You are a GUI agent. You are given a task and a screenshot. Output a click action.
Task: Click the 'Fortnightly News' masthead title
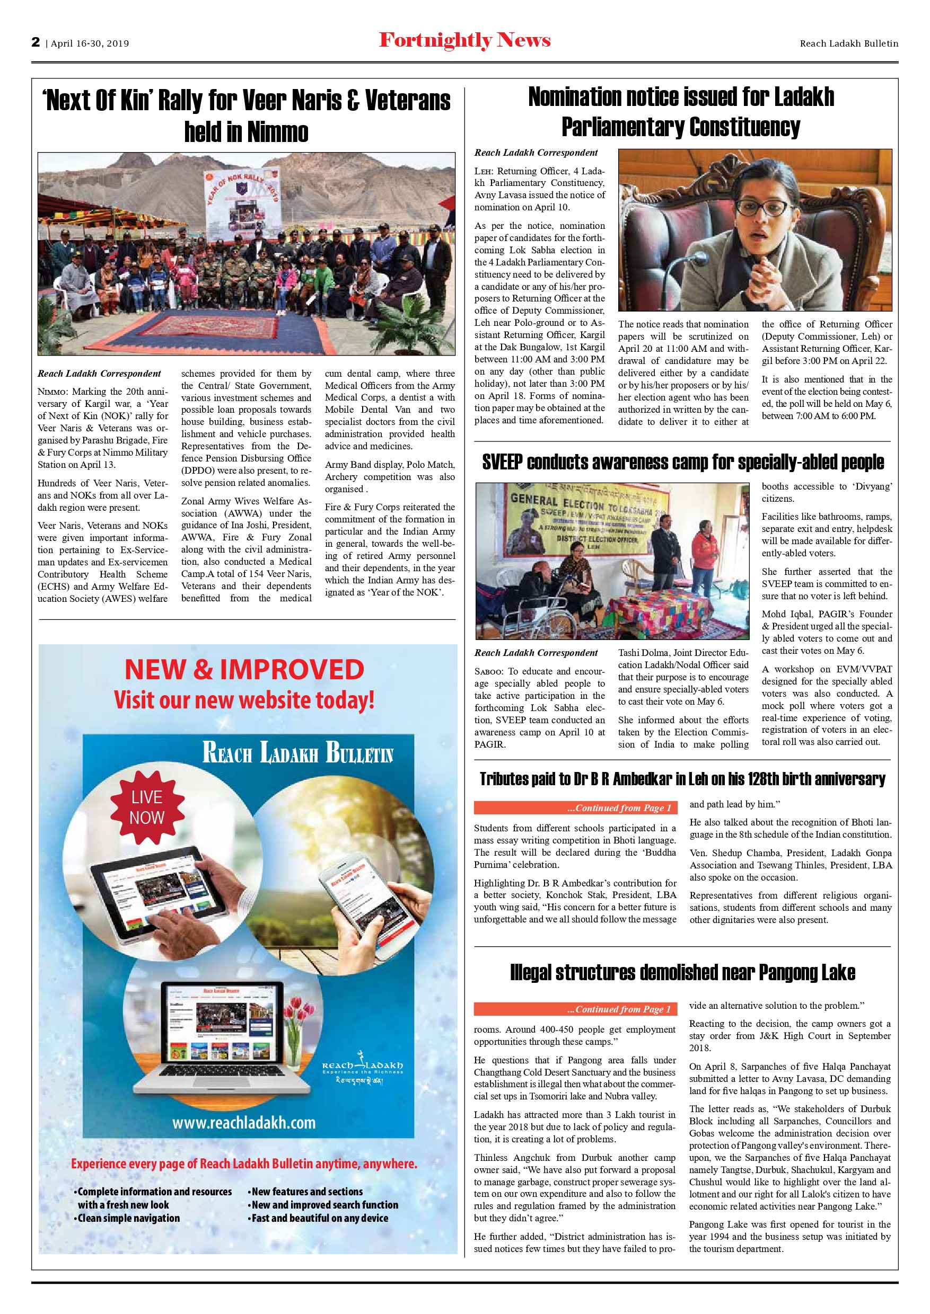(x=464, y=41)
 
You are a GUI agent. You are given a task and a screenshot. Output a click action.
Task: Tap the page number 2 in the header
(x=36, y=42)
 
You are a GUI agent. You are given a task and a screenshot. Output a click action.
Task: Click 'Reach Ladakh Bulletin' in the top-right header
(x=849, y=43)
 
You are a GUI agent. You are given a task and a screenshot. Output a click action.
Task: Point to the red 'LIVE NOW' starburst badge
(x=147, y=807)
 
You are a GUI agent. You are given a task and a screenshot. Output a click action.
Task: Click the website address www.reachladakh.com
(x=244, y=1123)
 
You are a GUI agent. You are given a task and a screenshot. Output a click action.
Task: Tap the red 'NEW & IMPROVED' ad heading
(x=244, y=670)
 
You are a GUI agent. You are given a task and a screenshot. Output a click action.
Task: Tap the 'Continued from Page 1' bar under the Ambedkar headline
(x=575, y=807)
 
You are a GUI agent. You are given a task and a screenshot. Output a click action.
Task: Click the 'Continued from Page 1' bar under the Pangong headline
(x=575, y=1009)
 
